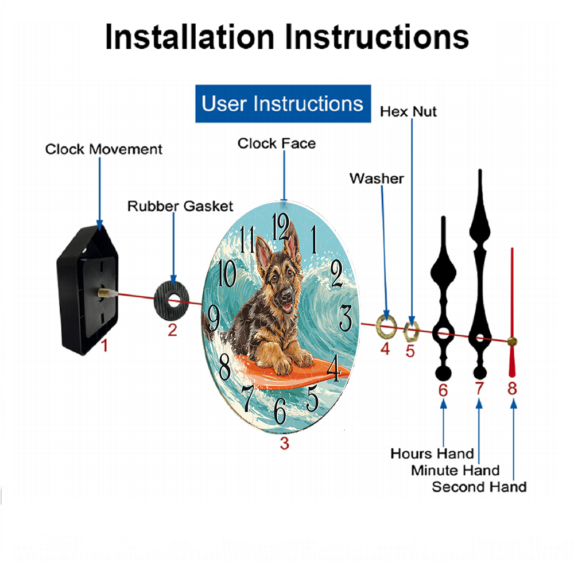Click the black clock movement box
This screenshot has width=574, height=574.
(x=88, y=289)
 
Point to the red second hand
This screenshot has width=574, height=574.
(x=512, y=313)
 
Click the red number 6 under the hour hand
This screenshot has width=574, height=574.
(x=443, y=390)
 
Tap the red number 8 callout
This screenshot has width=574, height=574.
(x=512, y=389)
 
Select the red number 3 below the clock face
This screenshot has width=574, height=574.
(x=285, y=443)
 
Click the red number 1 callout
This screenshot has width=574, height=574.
(x=104, y=346)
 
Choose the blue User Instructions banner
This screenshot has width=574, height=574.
(x=283, y=103)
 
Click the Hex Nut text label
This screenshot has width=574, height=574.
(x=408, y=112)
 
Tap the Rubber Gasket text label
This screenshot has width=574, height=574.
(x=180, y=206)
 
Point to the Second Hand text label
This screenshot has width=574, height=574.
(x=479, y=487)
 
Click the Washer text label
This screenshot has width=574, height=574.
(x=377, y=179)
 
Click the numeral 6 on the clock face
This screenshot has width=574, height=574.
(x=280, y=410)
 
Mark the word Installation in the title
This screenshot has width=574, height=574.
(x=189, y=37)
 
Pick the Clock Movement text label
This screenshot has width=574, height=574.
(x=103, y=149)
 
